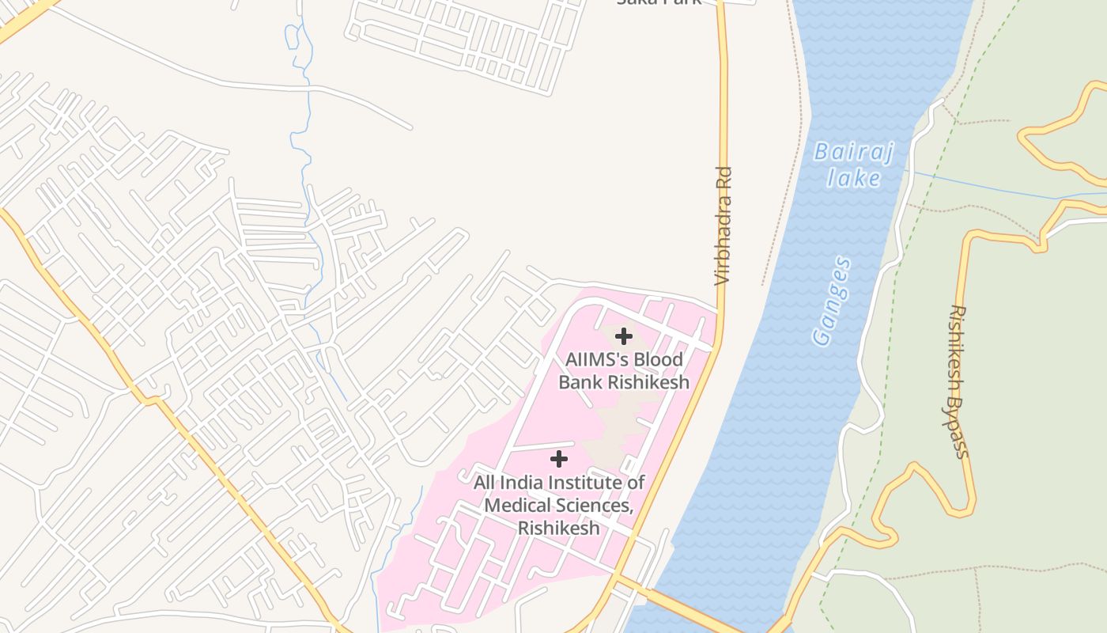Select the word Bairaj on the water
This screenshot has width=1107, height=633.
(x=853, y=152)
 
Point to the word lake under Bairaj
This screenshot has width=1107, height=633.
(x=853, y=178)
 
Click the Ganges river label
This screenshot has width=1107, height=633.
(x=833, y=301)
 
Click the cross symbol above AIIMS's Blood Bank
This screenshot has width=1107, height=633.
(x=624, y=336)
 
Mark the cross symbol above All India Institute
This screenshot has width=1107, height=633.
(x=559, y=459)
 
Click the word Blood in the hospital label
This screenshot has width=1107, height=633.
(x=657, y=359)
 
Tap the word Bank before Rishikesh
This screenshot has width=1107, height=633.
(x=580, y=382)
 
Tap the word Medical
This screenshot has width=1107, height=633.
(x=515, y=506)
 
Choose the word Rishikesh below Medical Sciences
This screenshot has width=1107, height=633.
(x=558, y=528)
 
